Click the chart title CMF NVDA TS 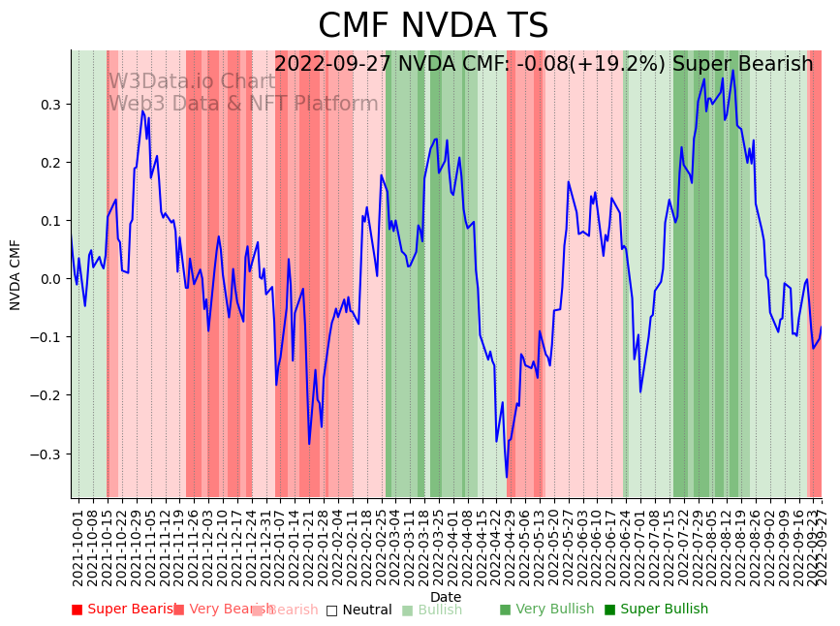click(x=433, y=26)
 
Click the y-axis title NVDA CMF click(x=16, y=274)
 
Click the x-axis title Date click(x=446, y=597)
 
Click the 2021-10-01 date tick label click(x=78, y=548)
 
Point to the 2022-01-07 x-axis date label click(x=280, y=548)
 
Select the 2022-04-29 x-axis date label click(x=511, y=548)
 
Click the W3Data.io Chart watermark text click(x=192, y=81)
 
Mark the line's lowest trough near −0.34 click(x=506, y=477)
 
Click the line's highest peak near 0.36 click(x=732, y=70)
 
